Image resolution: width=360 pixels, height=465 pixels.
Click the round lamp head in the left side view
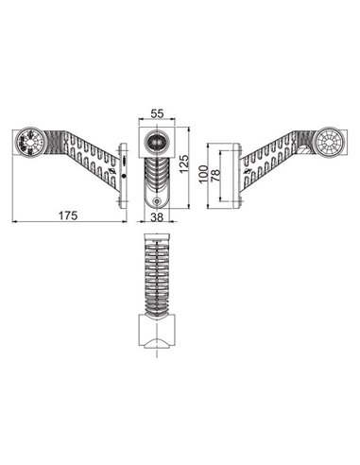tap(30, 143)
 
